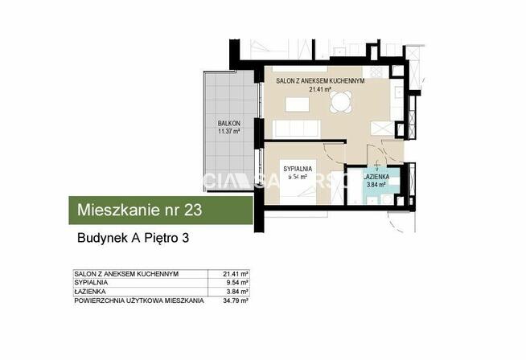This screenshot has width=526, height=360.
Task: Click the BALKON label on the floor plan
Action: tap(229, 123)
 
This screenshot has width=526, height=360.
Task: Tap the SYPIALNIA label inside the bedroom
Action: tap(297, 168)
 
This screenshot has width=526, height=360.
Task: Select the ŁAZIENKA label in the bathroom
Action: tap(377, 176)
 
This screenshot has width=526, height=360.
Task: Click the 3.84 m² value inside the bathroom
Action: tap(376, 184)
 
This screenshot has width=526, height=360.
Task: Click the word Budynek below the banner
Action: tap(92, 238)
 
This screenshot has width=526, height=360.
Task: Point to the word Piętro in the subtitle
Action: tap(160, 238)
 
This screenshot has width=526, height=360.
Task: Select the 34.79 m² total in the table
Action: tap(235, 301)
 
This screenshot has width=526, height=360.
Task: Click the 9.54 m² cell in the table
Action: tap(235, 283)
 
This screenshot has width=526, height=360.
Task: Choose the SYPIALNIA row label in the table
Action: tap(89, 283)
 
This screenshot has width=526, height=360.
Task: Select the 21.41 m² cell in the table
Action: tap(235, 274)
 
